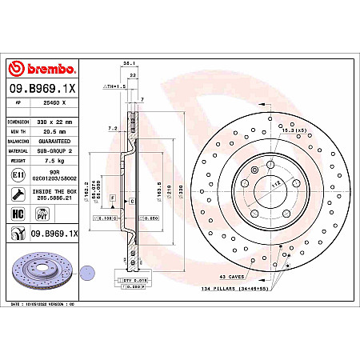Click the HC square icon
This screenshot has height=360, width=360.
point(17,212)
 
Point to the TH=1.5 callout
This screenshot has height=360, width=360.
point(116,85)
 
